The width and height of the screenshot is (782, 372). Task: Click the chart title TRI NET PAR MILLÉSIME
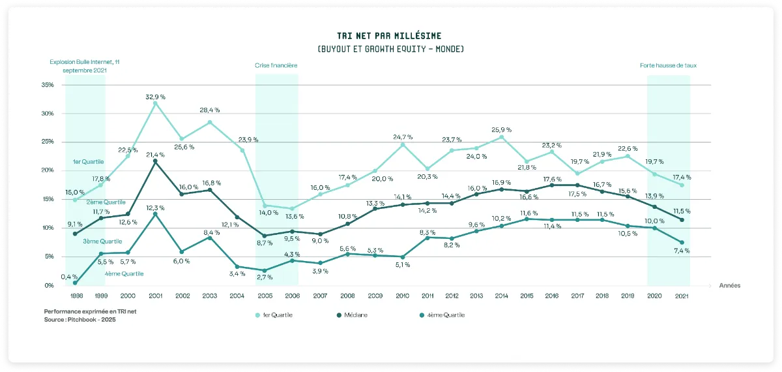click(390, 35)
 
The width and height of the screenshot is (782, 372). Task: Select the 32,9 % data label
click(155, 96)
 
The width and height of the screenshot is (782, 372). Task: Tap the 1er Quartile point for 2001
click(155, 103)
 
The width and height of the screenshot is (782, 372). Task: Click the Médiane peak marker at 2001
click(155, 161)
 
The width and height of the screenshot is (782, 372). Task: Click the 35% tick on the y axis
click(48, 85)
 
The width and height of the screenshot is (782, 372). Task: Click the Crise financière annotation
click(276, 65)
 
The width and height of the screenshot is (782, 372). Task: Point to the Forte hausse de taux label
click(669, 65)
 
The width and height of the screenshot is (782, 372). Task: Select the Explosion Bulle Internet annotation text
click(85, 65)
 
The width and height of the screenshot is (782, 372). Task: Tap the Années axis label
click(730, 285)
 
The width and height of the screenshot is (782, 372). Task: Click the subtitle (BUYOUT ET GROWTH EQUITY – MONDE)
click(390, 49)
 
